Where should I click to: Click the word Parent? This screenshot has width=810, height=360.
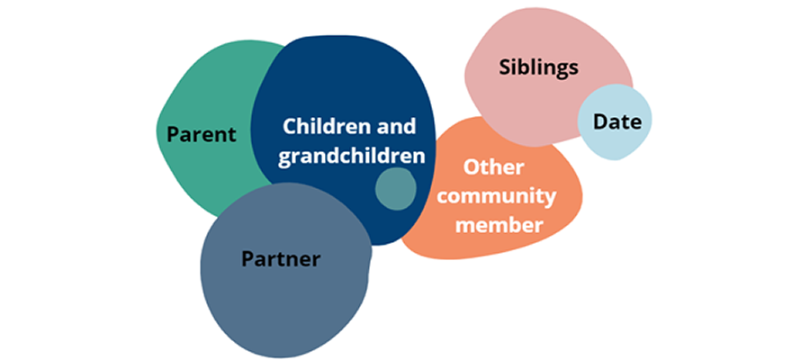[x=202, y=135]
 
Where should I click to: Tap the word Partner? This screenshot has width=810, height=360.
[x=281, y=259]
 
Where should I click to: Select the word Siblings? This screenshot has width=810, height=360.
[x=538, y=67]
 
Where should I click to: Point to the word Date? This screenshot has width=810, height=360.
[x=616, y=121]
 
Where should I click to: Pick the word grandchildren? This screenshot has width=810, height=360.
[x=351, y=156]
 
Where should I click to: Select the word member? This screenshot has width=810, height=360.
[x=499, y=224]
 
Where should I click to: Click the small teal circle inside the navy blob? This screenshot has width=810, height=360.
[x=395, y=188]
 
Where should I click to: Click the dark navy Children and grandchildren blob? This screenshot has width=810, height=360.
[x=342, y=81]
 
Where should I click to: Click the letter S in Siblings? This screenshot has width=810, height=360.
[x=504, y=67]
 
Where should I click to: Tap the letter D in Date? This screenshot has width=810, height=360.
[x=598, y=121]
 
